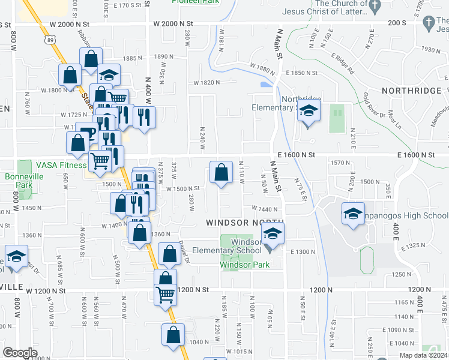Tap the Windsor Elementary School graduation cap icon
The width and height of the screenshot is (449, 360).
tap(273, 235)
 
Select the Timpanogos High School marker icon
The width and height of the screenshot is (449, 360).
tap(353, 214)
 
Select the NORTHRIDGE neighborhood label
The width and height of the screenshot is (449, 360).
tap(411, 91)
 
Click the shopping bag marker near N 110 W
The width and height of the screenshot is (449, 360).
tap(221, 173)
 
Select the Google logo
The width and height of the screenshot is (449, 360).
tap(20, 352)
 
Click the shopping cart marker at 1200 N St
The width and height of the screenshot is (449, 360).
tap(165, 294)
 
